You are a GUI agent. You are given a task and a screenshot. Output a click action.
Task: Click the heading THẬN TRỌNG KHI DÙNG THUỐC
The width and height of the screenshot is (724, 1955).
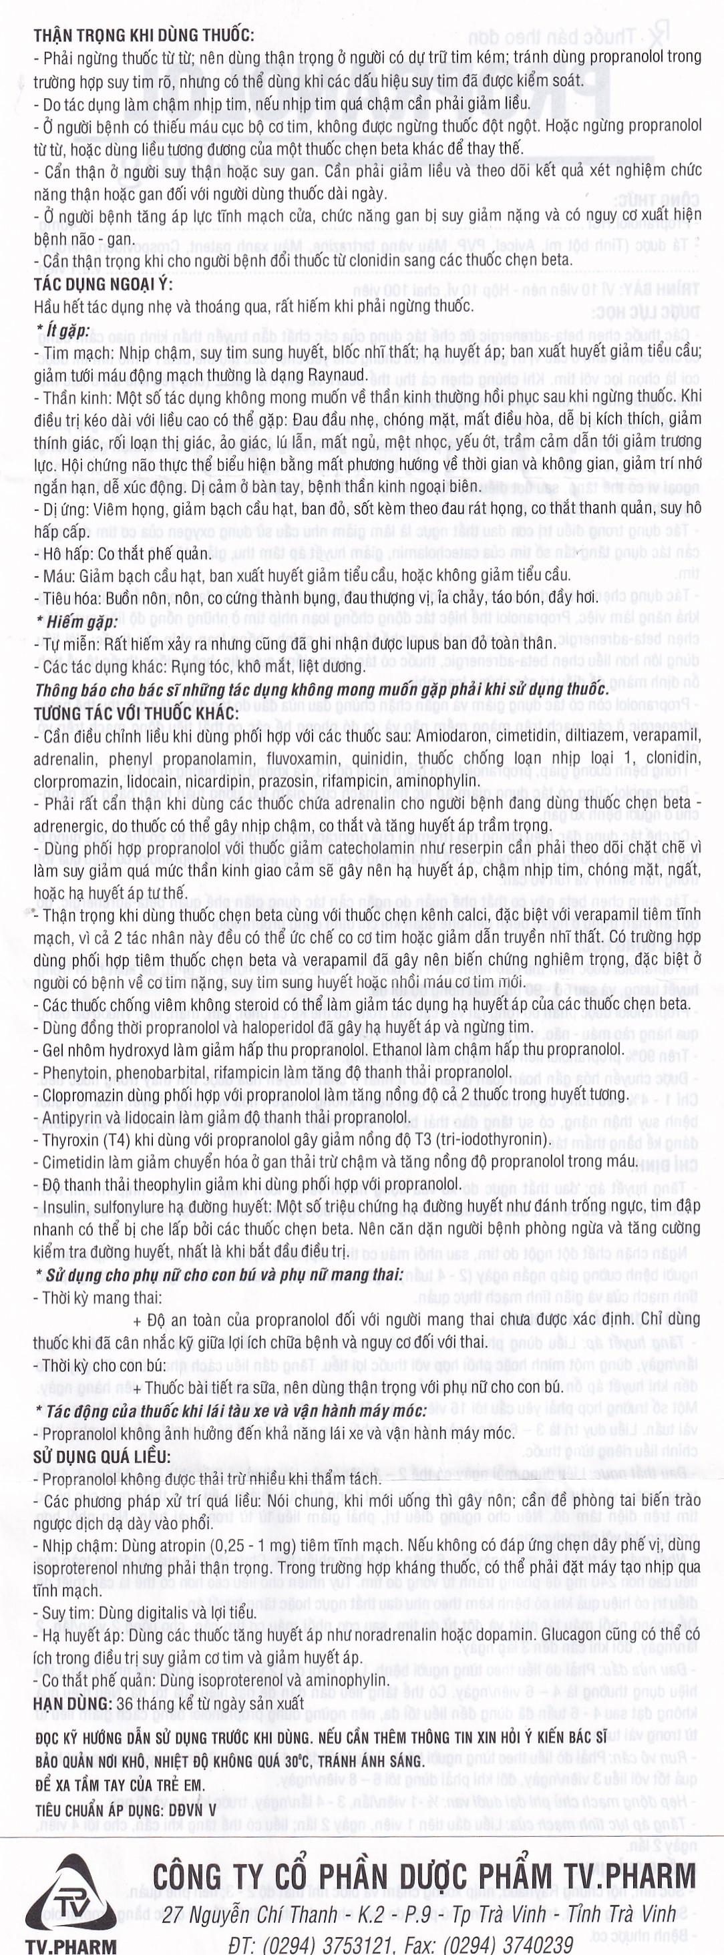(x=144, y=35)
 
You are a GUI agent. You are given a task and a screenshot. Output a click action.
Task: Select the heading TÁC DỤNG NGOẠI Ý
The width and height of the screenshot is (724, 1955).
(x=104, y=284)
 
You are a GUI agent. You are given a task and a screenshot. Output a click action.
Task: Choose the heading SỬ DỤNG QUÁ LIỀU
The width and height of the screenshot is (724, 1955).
(x=102, y=1456)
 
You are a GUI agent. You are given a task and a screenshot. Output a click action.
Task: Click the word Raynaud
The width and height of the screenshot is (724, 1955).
(x=336, y=375)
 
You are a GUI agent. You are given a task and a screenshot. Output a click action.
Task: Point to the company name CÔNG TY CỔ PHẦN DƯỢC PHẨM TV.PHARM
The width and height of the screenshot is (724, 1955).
(x=423, y=1877)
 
